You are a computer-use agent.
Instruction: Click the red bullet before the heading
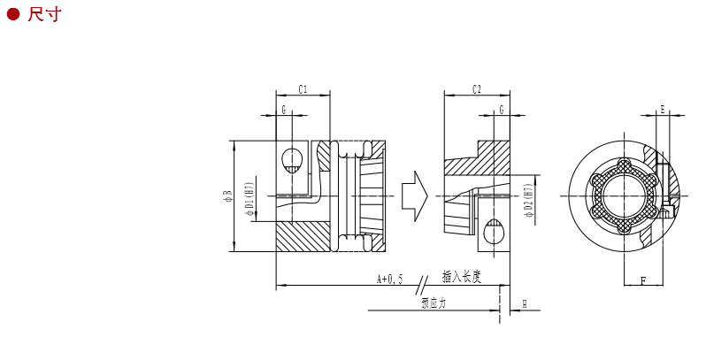pyautogui.click(x=13, y=14)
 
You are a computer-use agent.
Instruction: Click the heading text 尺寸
pyautogui.click(x=44, y=14)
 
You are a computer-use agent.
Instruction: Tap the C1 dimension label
pyautogui.click(x=303, y=89)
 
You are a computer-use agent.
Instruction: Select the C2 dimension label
pyautogui.click(x=477, y=89)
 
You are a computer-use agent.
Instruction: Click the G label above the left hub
pyautogui.click(x=284, y=110)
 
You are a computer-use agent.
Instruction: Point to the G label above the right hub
pyautogui.click(x=502, y=110)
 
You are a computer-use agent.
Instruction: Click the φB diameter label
pyautogui.click(x=227, y=195)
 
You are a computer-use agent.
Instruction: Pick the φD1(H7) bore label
pyautogui.click(x=249, y=199)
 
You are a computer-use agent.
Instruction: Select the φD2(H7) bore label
pyautogui.click(x=528, y=201)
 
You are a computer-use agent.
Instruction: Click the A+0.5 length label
pyautogui.click(x=389, y=280)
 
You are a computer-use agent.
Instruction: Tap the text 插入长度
pyautogui.click(x=462, y=277)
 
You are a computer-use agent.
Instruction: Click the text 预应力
pyautogui.click(x=434, y=303)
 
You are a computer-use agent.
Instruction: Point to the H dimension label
pyautogui.click(x=525, y=303)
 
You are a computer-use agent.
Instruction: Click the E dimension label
pyautogui.click(x=662, y=110)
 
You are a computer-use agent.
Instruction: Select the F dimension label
pyautogui.click(x=642, y=281)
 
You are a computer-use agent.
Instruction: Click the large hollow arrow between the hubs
pyautogui.click(x=414, y=195)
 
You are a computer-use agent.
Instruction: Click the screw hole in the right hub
pyautogui.click(x=494, y=233)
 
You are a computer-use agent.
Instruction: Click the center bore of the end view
pyautogui.click(x=625, y=195)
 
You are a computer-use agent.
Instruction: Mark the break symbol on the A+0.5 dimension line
pyautogui.click(x=422, y=285)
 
